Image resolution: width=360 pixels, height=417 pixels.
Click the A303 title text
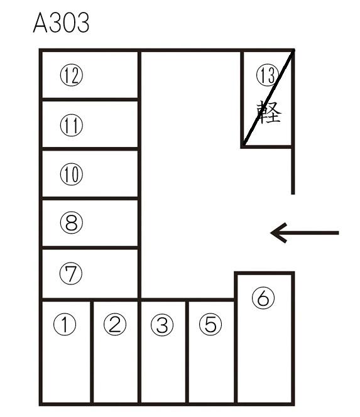61,23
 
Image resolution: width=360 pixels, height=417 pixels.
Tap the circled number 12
71,75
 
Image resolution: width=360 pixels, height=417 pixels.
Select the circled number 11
71,125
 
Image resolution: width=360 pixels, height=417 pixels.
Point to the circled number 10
71,174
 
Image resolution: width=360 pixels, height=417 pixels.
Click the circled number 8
71,222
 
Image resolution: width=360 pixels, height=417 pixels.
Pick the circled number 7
71,273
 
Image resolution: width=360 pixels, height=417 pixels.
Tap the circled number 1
65,324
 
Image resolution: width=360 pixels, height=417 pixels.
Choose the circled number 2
115,324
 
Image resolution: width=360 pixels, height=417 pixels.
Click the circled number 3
162,325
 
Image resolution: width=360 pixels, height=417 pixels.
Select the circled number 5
210,324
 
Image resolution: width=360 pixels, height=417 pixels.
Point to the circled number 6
263,298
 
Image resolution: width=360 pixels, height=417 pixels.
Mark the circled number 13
268,75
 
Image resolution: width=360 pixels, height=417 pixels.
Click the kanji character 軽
269,112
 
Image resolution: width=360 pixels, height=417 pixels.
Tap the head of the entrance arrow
271,233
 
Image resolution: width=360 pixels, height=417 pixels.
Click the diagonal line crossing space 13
268,98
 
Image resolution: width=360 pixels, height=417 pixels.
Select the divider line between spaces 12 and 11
90,100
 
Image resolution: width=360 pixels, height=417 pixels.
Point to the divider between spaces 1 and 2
92,352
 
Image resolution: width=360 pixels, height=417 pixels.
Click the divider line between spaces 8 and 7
90,248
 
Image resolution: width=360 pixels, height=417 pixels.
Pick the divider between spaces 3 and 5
187,352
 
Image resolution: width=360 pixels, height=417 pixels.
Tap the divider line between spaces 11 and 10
90,149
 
